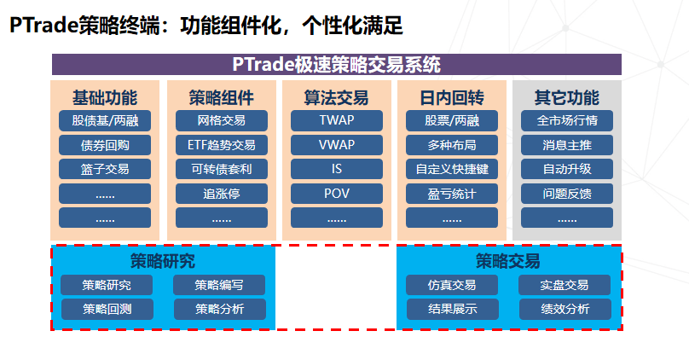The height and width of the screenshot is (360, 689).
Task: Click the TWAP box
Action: coord(336,120)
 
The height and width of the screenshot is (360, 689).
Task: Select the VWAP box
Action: coord(336,144)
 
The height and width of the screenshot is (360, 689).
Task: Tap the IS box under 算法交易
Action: coord(336,169)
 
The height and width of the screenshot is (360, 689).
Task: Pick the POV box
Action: coord(336,193)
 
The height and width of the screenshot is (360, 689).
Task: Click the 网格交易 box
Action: coord(221,120)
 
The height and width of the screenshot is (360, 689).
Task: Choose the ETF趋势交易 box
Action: coord(221,144)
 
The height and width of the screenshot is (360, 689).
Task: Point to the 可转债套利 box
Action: coord(221,169)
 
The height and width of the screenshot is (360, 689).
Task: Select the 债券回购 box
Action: coord(105,144)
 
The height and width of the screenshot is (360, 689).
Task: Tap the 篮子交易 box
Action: coord(105,169)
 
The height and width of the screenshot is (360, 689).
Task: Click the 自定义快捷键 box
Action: coord(452,169)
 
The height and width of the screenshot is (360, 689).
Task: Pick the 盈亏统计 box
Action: coord(452,193)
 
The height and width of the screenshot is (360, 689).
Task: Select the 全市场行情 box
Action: coord(567,120)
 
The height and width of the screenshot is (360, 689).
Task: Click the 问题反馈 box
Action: coord(567,193)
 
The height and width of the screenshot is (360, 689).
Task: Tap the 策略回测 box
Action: coord(107,309)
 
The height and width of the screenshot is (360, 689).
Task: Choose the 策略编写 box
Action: coord(219,285)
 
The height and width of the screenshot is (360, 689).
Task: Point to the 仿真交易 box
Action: coord(452,285)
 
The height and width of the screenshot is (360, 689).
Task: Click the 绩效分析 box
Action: coord(565,309)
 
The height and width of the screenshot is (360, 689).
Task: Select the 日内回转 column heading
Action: coord(452,97)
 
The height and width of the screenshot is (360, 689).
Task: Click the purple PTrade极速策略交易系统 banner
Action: coord(336,65)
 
